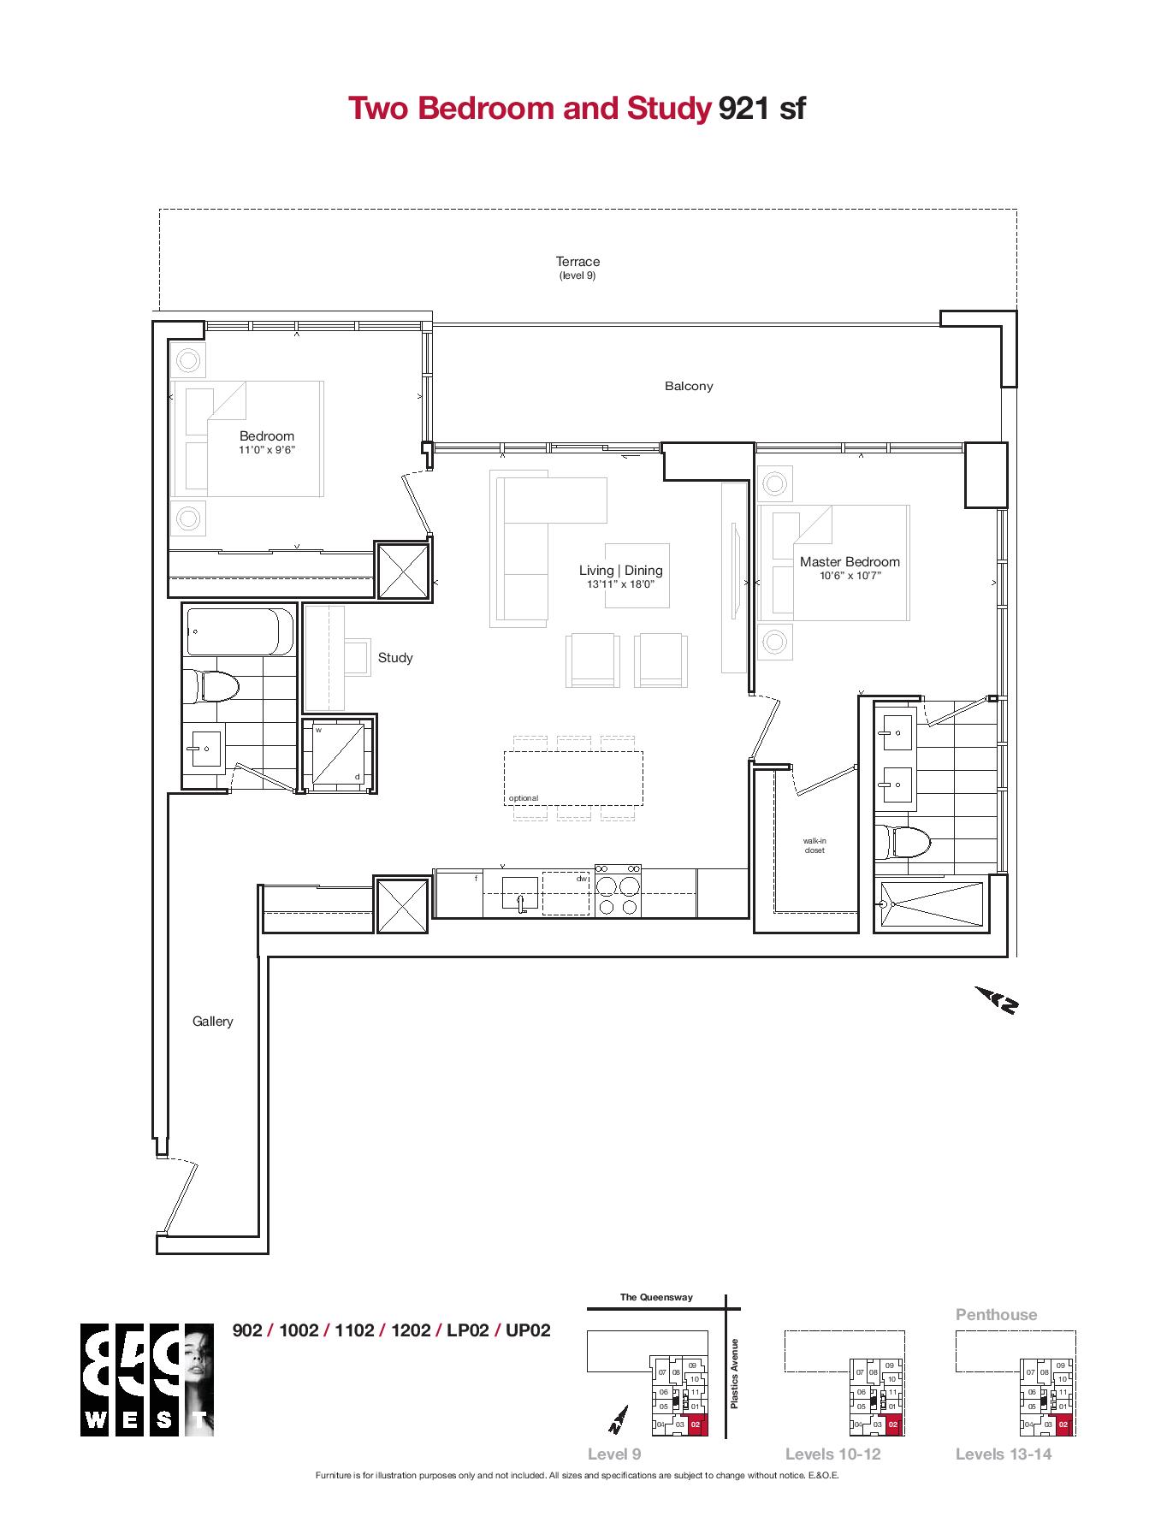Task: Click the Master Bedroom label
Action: [850, 562]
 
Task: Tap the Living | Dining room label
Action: [620, 571]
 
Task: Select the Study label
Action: [395, 658]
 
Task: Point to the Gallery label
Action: [212, 1022]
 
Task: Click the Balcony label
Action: [689, 386]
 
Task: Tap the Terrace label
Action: [577, 262]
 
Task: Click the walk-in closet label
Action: [814, 846]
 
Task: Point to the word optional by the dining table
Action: [524, 798]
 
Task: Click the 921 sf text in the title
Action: [761, 110]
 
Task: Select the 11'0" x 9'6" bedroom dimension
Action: [267, 450]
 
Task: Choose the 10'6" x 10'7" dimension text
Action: [850, 576]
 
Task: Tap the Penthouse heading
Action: [996, 1315]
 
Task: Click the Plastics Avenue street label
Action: [734, 1373]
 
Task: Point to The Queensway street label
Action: [656, 1297]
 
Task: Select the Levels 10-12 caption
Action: [832, 1454]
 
